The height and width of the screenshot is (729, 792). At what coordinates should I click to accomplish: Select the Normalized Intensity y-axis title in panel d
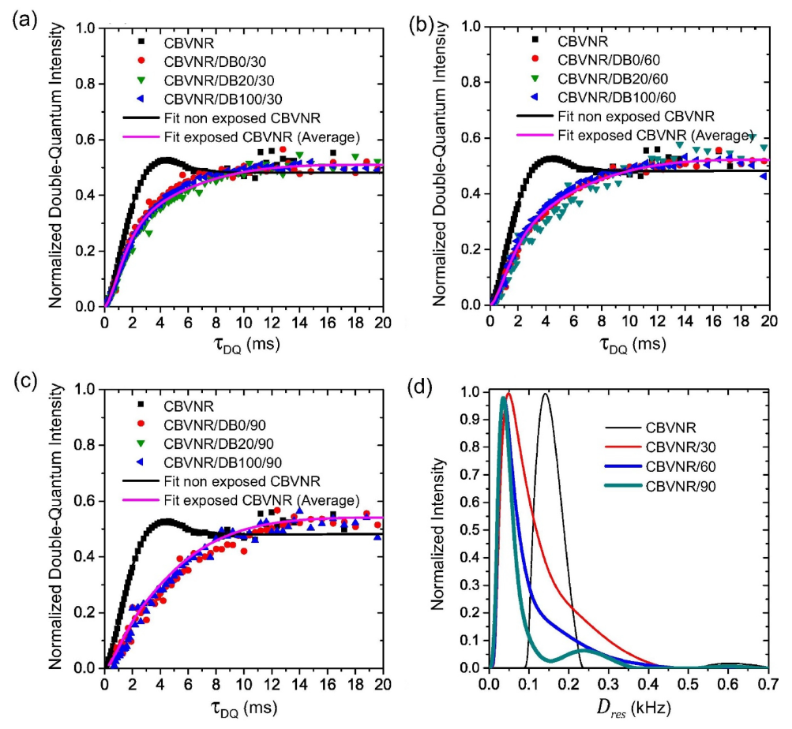coord(438,530)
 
